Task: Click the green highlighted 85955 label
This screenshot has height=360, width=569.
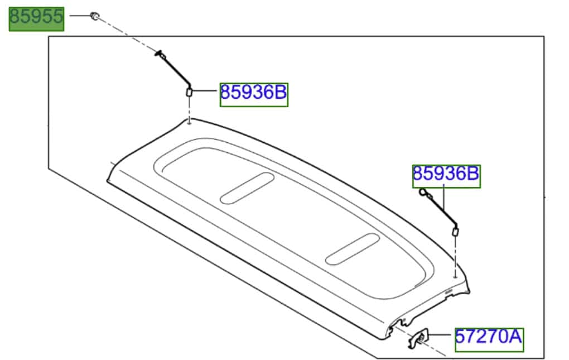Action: coord(36,19)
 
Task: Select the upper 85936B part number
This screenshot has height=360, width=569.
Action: coord(254,94)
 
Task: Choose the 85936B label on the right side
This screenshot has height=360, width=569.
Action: coord(446,176)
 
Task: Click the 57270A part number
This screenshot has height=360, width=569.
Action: coord(489,339)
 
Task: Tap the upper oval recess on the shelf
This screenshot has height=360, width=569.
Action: coord(247,188)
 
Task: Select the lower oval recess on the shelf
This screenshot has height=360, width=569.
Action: coord(353,249)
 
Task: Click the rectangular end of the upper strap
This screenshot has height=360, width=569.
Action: coord(189,92)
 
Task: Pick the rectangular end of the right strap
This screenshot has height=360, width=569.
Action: coord(455,231)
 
